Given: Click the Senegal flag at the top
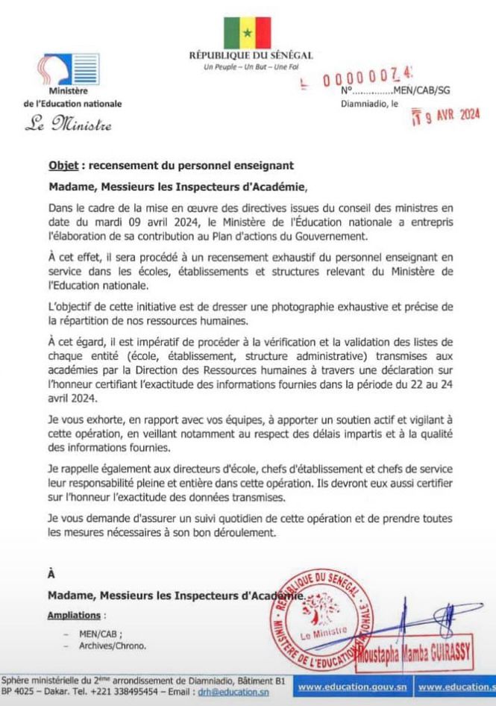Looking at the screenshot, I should click(248, 31).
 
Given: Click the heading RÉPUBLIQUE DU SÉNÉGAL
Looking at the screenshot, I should click(251, 56).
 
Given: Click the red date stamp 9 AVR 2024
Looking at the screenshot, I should click(446, 116).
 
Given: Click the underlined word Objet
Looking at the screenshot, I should click(62, 164).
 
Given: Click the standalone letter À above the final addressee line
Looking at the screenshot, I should click(51, 573).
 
